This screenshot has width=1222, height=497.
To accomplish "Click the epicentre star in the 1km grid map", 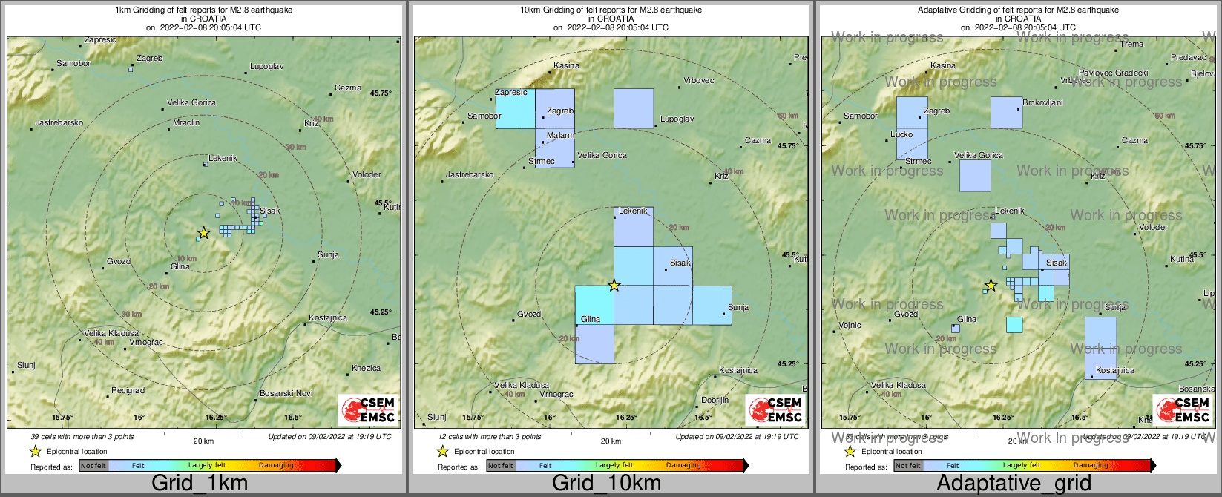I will pos(204,233).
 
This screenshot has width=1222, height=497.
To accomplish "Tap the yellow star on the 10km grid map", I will pos(614,285).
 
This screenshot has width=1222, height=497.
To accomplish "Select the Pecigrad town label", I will pos(128,390).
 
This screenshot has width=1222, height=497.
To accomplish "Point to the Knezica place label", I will pos(366,368).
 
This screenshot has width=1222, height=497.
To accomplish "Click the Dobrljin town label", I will pos(715,400).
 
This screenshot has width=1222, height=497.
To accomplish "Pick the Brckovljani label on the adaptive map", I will pos(1042,102).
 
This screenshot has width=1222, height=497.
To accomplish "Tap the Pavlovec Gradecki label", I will pos(1113,73).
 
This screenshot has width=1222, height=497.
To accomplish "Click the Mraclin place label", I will pos(186,122).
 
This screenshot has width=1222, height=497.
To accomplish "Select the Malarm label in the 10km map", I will pos(560,135).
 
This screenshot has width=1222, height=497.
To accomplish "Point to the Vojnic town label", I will pos(850,325).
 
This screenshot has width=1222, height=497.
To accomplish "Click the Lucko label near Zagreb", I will pos(901,135).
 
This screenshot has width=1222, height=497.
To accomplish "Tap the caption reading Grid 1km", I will pos(200,484).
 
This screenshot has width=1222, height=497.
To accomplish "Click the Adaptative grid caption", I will pos(1014,484).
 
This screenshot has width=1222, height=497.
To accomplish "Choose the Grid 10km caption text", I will pos(606,484).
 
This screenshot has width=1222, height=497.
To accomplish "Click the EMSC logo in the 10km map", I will pos(776,410).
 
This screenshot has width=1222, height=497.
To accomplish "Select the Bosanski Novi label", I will pos(286,393).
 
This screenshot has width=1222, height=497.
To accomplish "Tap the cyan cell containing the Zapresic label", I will pos(515,108).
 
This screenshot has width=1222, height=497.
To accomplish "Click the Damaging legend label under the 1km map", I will pos(276,466).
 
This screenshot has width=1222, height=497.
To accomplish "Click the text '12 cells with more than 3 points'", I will pos(490,437).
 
